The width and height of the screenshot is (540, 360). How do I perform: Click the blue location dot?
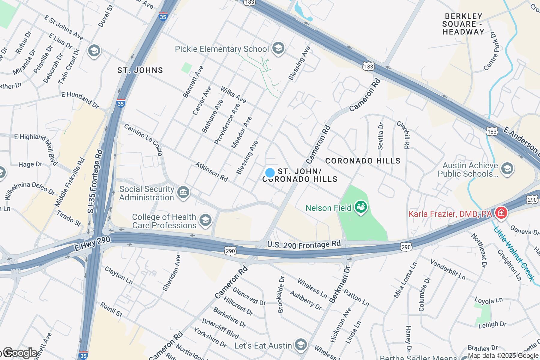(270, 173)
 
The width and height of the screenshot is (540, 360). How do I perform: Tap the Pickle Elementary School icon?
(278, 48)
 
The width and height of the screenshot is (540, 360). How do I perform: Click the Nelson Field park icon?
(361, 207)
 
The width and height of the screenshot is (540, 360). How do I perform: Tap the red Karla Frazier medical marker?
(500, 214)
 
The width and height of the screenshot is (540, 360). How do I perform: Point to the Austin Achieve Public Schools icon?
(507, 169)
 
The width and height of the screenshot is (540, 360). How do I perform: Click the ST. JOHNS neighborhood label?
(140, 70)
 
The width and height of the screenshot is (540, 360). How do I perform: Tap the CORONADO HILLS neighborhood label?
(363, 161)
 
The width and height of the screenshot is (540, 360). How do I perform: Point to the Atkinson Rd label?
(211, 171)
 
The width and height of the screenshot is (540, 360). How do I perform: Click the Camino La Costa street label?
(143, 140)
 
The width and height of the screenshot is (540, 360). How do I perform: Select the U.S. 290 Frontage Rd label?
(304, 244)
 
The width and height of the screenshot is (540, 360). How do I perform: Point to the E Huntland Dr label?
(80, 100)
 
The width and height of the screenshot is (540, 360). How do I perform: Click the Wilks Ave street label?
(233, 94)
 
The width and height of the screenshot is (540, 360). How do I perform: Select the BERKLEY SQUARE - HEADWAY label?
(463, 24)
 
